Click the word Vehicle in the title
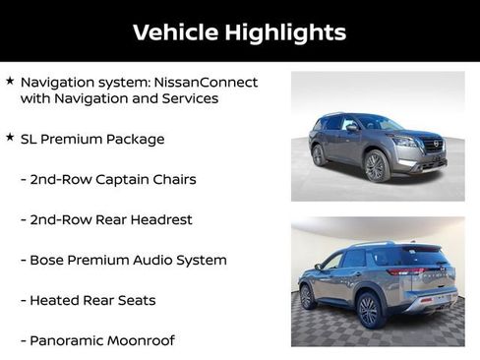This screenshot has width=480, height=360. (x=174, y=32)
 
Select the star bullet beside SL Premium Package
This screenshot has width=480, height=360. (x=10, y=138)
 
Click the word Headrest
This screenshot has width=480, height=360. (x=159, y=219)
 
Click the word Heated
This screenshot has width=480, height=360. (x=56, y=300)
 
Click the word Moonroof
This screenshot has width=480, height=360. (x=143, y=340)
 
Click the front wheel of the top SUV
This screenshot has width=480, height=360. (x=375, y=167)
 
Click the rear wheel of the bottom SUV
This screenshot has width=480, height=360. (x=369, y=310)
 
